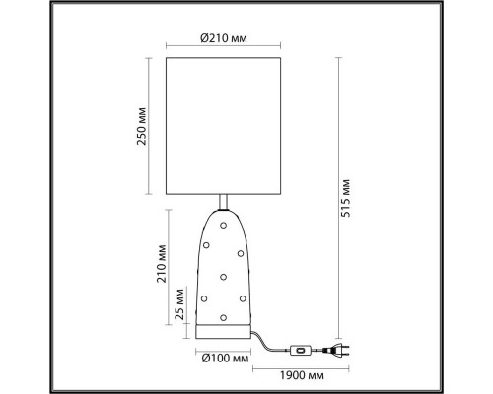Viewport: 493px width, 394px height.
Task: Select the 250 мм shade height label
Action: [x=146, y=126]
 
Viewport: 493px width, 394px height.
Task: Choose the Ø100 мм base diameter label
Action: [x=226, y=359]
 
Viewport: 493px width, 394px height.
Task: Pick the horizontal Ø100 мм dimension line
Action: [x=226, y=348]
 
